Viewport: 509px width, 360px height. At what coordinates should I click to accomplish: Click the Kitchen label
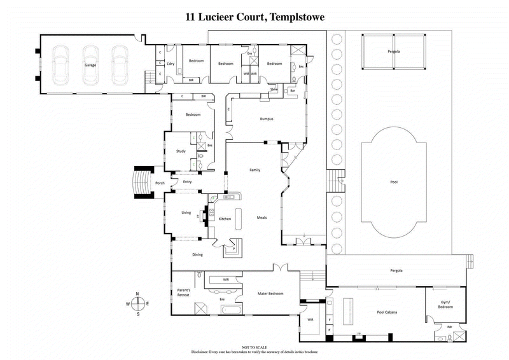click(x=225, y=219)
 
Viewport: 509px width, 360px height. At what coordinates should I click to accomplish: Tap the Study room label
click(x=181, y=151)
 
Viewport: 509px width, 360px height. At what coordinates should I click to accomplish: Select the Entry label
click(x=187, y=182)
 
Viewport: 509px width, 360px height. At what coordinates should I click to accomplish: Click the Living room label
click(x=186, y=212)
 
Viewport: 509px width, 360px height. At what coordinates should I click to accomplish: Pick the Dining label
click(x=197, y=254)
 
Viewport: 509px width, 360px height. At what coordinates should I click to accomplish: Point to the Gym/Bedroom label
click(x=445, y=304)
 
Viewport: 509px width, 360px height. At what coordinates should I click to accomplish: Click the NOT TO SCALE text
click(x=254, y=347)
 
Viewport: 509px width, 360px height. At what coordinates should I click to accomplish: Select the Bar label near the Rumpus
click(x=293, y=91)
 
